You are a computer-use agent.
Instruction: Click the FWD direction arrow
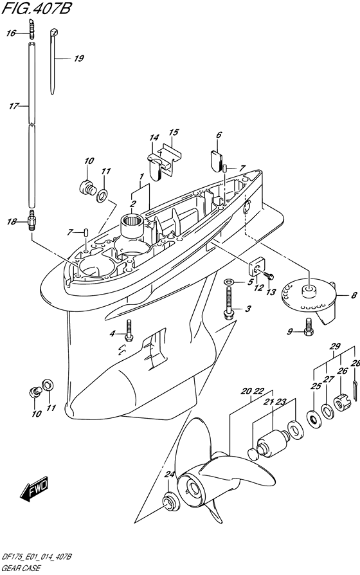click(34, 489)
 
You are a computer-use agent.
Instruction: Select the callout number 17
click(14, 106)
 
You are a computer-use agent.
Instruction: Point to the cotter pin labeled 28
click(356, 388)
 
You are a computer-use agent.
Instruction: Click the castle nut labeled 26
click(343, 403)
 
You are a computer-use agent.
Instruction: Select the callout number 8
click(354, 295)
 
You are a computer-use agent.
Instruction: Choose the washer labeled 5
click(229, 282)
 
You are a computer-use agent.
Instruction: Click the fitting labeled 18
click(32, 221)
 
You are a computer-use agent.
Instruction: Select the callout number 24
click(169, 475)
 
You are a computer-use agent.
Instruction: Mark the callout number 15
click(174, 132)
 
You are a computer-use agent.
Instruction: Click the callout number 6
click(219, 135)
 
